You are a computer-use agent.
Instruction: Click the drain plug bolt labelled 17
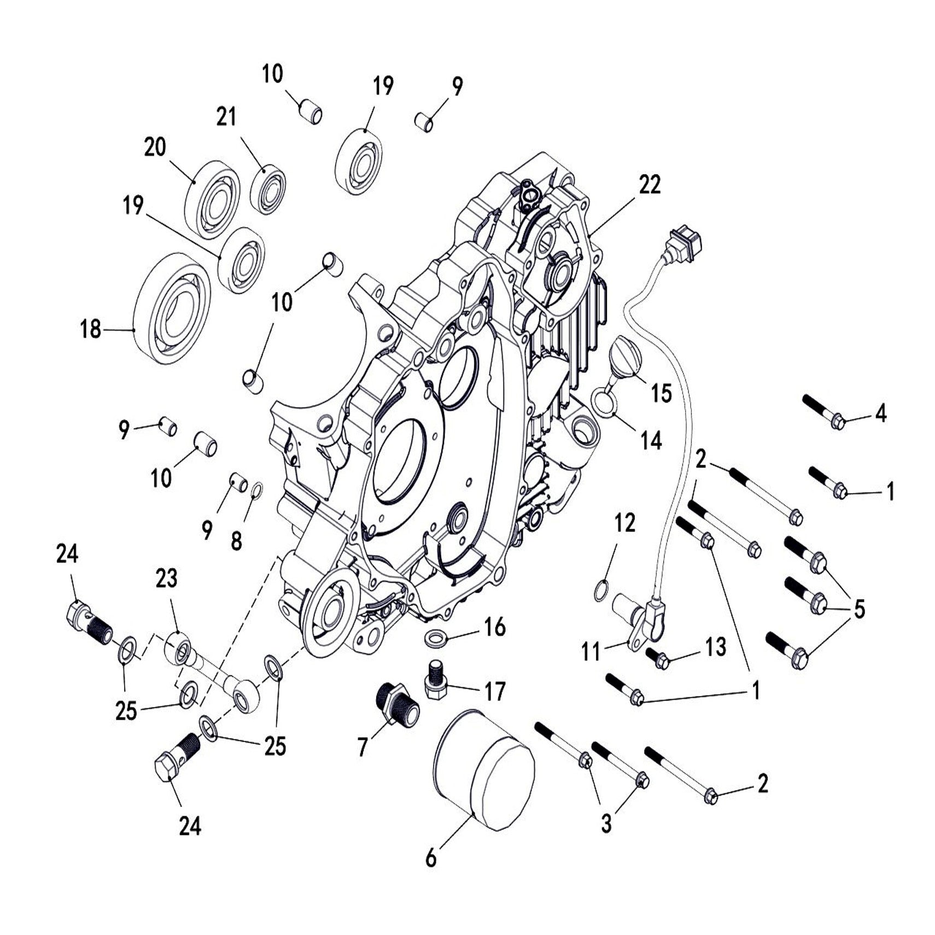(x=436, y=682)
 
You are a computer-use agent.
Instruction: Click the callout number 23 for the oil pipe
(x=166, y=578)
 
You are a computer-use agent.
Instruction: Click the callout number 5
(x=859, y=608)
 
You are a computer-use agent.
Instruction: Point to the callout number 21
(x=226, y=117)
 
